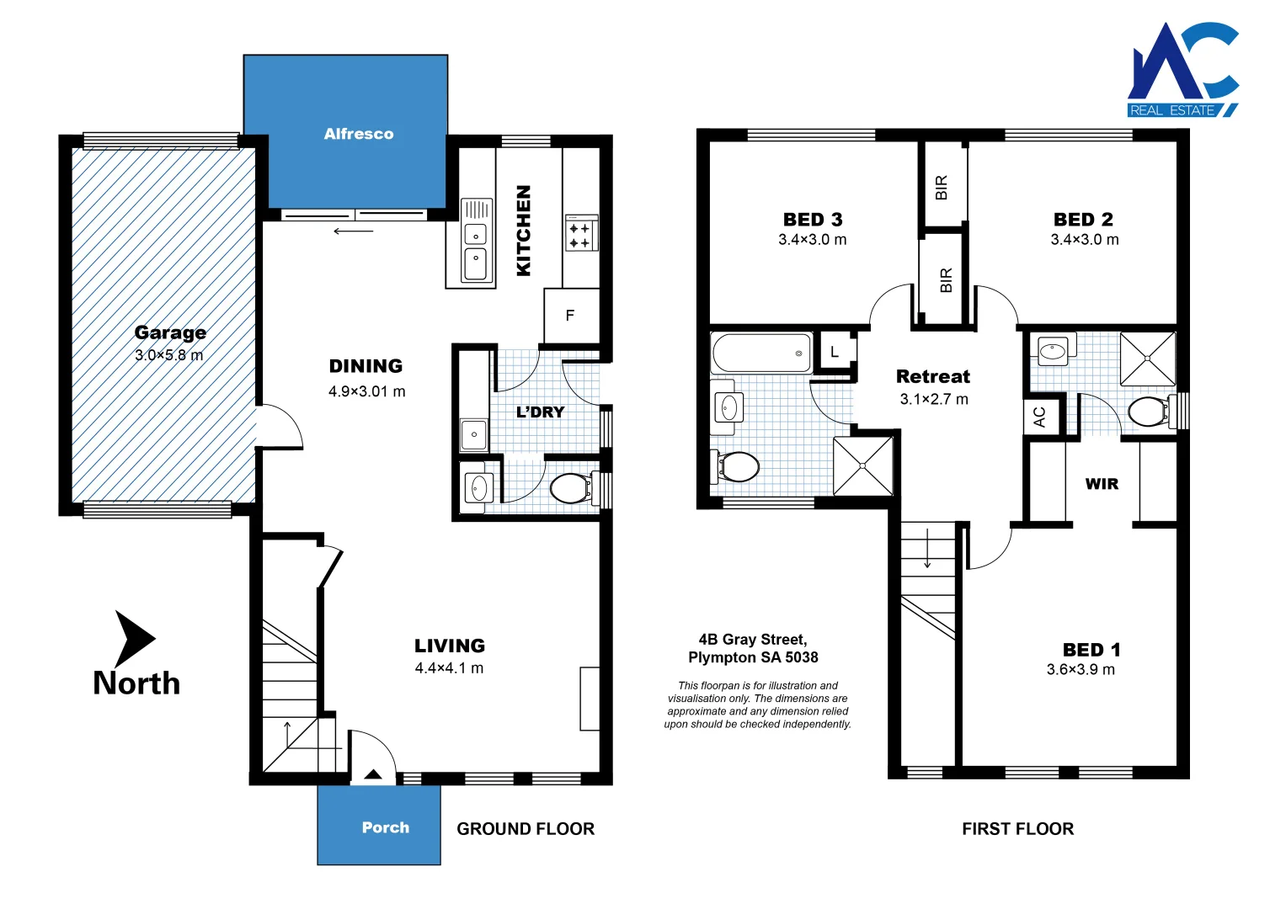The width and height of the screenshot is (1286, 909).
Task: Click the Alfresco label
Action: tap(359, 134)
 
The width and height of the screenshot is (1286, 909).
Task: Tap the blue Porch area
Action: tap(379, 827)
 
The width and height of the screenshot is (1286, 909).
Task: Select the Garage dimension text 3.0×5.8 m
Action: tap(169, 355)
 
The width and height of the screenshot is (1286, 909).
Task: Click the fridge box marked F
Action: tap(571, 316)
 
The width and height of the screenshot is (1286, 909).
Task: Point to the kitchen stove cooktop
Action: tap(580, 234)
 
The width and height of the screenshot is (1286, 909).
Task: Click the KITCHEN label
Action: tap(524, 231)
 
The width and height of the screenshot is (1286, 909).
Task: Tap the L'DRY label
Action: tap(540, 412)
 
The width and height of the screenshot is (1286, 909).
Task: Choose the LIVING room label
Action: tap(450, 646)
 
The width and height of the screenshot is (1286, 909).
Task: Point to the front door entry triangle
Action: tap(373, 774)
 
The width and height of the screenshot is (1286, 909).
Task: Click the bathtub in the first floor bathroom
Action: tap(761, 353)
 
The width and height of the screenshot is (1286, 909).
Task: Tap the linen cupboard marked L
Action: tap(835, 352)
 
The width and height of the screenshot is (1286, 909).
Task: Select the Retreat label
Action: tap(933, 376)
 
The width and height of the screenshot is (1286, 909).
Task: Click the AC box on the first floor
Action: tap(1040, 417)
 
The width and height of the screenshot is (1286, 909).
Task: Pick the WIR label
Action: tap(1102, 484)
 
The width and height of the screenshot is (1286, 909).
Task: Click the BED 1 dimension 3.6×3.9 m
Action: tap(1081, 670)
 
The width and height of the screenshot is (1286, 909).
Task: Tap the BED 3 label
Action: tap(813, 220)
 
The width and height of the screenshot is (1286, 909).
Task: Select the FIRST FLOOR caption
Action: tap(1017, 829)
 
